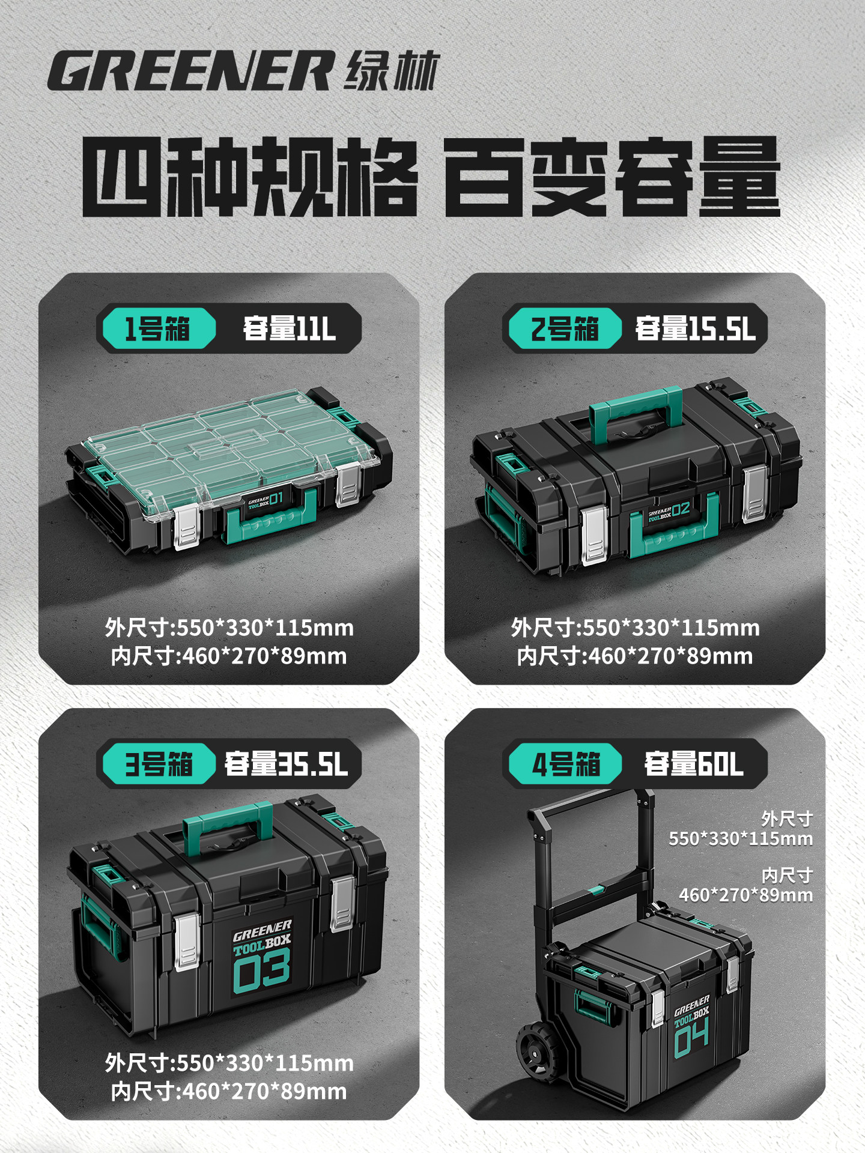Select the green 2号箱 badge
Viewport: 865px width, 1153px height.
[565, 328]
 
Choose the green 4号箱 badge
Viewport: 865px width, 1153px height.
[565, 764]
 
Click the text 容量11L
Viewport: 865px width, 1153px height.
[289, 328]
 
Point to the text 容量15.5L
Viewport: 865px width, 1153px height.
[695, 328]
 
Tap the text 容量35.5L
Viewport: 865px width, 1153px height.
[286, 764]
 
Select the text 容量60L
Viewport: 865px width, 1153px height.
[694, 764]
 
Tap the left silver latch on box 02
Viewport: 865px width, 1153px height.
[595, 534]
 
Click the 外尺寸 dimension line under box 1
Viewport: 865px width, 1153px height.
[229, 628]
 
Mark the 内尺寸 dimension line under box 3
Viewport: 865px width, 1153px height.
[229, 1091]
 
